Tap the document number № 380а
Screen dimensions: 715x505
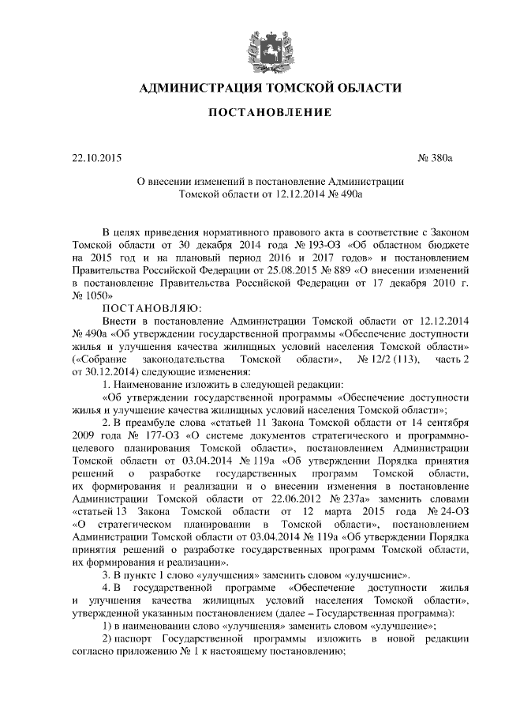coord(436,159)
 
